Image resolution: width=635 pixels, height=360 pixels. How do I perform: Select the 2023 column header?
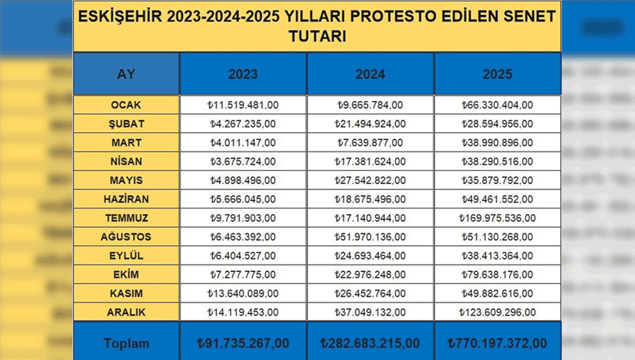point(243,74)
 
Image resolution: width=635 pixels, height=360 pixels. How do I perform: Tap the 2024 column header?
point(370,74)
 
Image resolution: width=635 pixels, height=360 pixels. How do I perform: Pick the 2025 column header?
point(497,74)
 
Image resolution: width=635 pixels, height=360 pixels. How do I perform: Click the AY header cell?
point(126,74)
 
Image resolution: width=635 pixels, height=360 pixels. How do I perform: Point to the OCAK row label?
point(126,105)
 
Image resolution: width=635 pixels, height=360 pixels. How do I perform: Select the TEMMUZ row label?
point(126,218)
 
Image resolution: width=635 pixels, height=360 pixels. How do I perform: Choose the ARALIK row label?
point(126,312)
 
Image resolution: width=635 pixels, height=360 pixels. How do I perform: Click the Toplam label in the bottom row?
point(126,343)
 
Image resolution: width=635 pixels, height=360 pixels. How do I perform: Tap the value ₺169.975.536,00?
point(497,218)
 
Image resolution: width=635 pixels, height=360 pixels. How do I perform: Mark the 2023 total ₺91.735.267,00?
point(243,343)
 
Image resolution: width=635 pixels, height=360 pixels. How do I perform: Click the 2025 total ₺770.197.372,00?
point(497,343)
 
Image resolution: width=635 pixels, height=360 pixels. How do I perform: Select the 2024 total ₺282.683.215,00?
point(370,343)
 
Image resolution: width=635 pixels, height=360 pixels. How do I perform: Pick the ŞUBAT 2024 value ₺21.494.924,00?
point(370,124)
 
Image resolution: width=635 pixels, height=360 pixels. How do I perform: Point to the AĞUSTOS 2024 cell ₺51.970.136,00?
point(370,237)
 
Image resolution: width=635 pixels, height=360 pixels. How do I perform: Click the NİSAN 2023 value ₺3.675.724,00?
point(243,161)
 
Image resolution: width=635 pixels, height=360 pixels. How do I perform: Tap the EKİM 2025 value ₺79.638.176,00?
point(497,275)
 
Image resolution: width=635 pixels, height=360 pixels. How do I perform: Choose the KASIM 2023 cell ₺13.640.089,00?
point(243,293)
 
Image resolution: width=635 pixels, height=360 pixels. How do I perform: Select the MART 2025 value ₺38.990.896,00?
point(497,143)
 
